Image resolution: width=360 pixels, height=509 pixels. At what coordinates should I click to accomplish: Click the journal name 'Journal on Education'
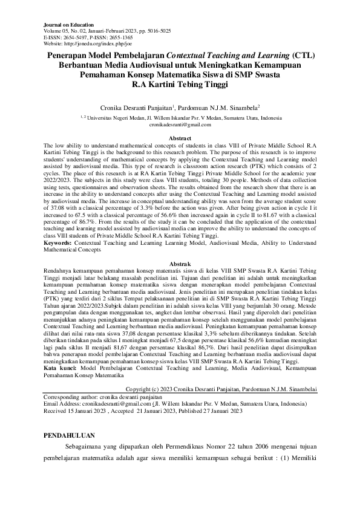[x=66, y=23]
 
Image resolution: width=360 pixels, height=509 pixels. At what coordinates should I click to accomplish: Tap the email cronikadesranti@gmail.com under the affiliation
[x=180, y=123]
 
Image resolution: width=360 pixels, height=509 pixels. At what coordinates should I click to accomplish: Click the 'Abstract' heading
[x=180, y=139]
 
